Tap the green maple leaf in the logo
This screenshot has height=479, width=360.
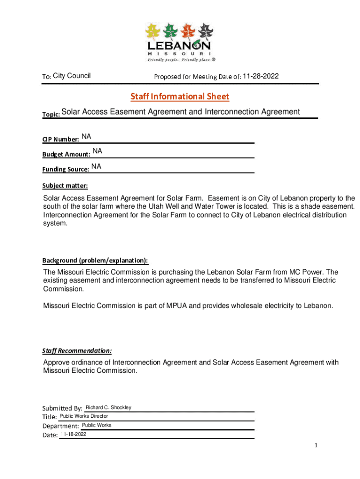(x=171, y=32)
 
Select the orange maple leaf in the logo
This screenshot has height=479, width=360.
(x=188, y=32)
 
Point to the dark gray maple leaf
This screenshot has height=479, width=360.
(x=205, y=32)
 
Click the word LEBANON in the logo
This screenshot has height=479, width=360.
(x=179, y=46)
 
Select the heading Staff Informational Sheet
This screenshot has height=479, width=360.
(x=180, y=97)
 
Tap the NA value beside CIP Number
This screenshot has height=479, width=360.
(x=86, y=137)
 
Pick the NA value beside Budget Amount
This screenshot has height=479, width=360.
(x=97, y=151)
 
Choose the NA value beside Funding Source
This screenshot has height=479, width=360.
(x=96, y=166)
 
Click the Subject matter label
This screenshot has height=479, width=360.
(x=65, y=185)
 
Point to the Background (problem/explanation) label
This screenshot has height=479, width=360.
(x=95, y=260)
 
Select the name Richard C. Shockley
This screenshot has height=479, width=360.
(x=108, y=407)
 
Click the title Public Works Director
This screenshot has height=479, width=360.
(x=84, y=416)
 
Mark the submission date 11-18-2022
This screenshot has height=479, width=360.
(x=73, y=435)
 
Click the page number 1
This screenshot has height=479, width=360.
(x=316, y=445)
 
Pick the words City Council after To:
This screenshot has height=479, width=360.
(x=72, y=76)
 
